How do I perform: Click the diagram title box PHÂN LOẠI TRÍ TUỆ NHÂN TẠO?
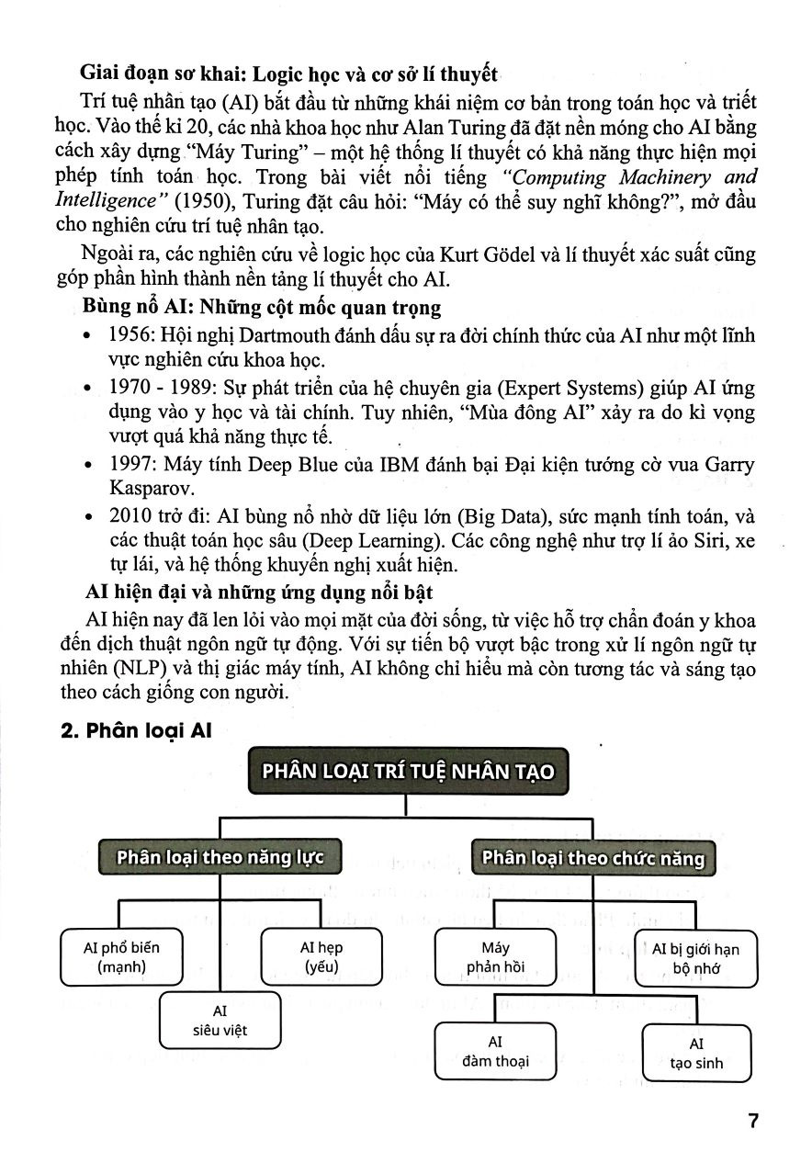409,771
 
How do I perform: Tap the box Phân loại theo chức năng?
592,858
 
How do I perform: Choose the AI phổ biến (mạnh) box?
120,956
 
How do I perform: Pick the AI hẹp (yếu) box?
321,956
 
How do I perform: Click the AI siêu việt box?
220,1021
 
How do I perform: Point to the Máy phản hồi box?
495,956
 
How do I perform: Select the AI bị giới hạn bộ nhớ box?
695,958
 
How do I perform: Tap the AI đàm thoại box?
495,1052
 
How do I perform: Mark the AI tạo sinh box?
696,1053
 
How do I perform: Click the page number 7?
752,1122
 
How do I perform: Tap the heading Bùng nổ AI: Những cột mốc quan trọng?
262,307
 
